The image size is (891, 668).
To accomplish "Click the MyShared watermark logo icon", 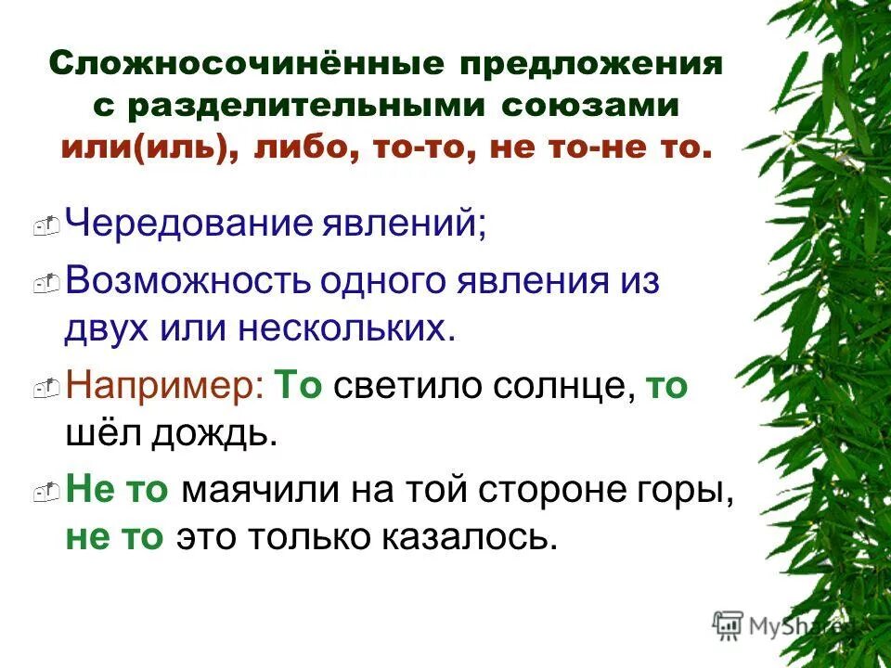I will coord(728,623).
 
